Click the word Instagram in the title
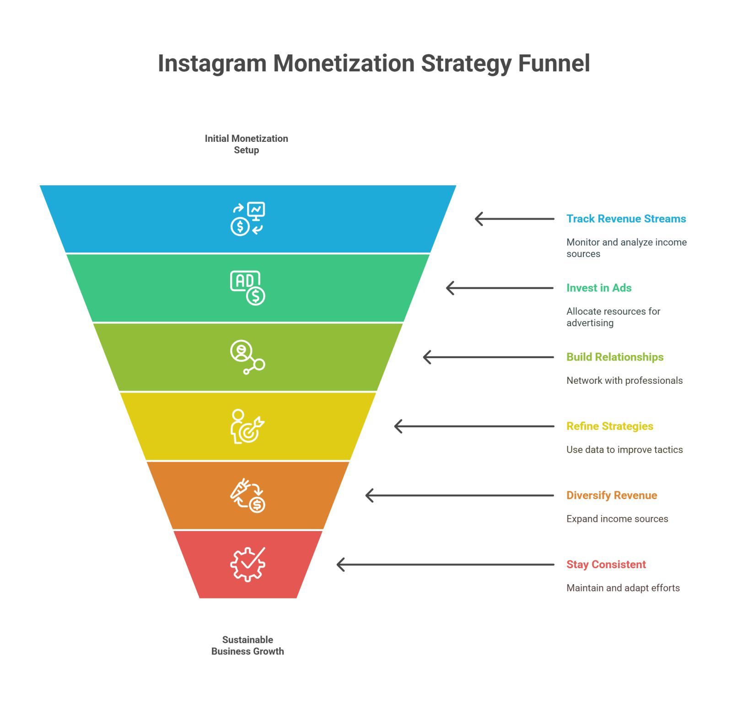tap(212, 64)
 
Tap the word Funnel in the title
tap(554, 63)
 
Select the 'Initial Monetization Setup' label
tap(246, 144)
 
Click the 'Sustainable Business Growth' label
tap(248, 645)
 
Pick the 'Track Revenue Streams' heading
tap(626, 219)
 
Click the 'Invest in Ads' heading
tap(599, 288)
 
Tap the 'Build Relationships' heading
tap(615, 357)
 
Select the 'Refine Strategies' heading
tap(610, 426)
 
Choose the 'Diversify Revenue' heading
tap(612, 495)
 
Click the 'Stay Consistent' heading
tap(606, 565)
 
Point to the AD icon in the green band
tap(248, 288)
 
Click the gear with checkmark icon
tap(248, 565)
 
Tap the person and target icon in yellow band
tap(248, 426)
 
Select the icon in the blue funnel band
tap(248, 219)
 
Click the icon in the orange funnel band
tap(248, 495)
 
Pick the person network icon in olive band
tap(248, 357)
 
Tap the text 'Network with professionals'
tap(624, 381)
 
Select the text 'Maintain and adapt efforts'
tap(623, 588)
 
